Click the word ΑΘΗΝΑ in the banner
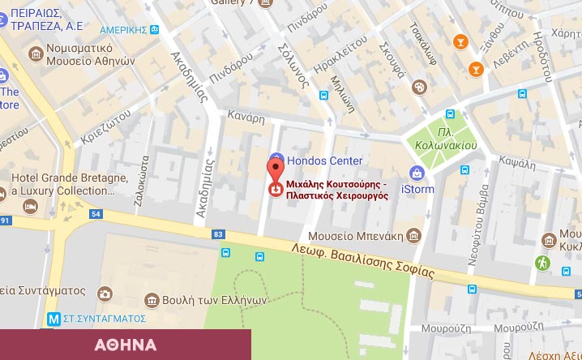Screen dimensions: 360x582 click(125, 345)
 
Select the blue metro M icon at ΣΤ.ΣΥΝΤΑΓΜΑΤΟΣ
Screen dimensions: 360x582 click(53, 319)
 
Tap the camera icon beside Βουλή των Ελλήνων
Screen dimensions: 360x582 click(105, 294)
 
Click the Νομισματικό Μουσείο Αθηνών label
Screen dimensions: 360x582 click(81, 54)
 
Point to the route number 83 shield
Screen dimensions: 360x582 click(217, 234)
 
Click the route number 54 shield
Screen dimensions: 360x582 click(96, 214)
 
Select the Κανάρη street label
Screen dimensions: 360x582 click(246, 118)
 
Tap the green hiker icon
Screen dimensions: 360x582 click(542, 263)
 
